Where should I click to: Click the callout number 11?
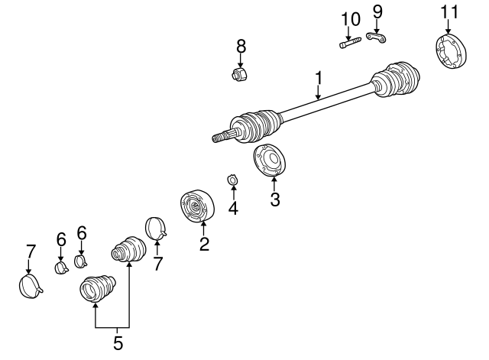450,12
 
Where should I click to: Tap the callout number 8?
241,46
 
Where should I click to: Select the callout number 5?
118,343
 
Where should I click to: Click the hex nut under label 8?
240,74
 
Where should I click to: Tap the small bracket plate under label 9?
376,37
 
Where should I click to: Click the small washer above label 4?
232,180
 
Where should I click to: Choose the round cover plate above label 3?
270,160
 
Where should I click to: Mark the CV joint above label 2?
197,206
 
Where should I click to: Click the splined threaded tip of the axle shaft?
222,136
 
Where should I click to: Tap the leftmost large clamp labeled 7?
31,286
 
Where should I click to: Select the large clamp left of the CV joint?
156,228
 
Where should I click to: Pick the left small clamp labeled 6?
62,268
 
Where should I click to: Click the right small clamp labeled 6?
81,261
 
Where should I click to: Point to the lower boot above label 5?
98,288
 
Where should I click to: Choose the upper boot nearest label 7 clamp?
128,249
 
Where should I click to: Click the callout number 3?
275,199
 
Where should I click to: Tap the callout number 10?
351,19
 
